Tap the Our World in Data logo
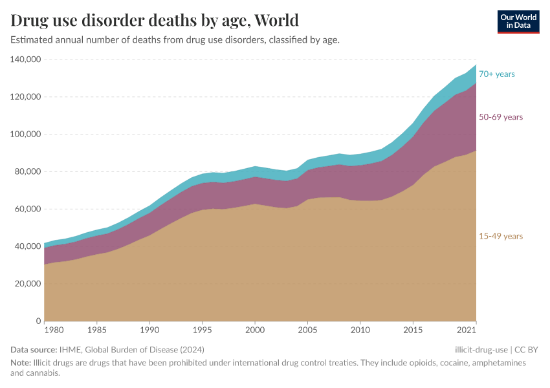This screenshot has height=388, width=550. [518, 21]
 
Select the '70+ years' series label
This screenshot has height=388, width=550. [496, 74]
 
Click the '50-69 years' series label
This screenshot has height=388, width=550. [500, 117]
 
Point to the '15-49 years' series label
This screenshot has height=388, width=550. [500, 236]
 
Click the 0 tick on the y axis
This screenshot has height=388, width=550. [39, 321]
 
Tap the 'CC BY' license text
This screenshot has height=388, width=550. [527, 350]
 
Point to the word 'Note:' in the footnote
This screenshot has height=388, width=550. [21, 363]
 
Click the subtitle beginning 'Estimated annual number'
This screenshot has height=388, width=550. [175, 40]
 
